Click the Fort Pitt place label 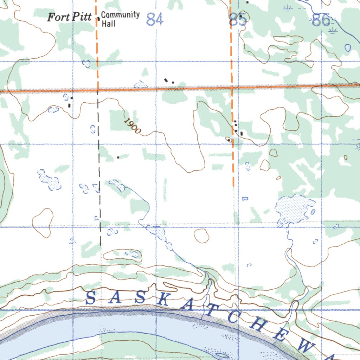(x=69, y=17)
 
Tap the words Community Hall (x=120, y=19)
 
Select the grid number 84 (x=155, y=19)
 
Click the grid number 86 (x=321, y=20)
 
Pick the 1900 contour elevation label (x=132, y=126)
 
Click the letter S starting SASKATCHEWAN (x=90, y=298)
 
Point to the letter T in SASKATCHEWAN (x=209, y=310)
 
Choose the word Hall (x=108, y=24)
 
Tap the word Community (x=120, y=15)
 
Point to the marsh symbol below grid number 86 (x=332, y=32)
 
